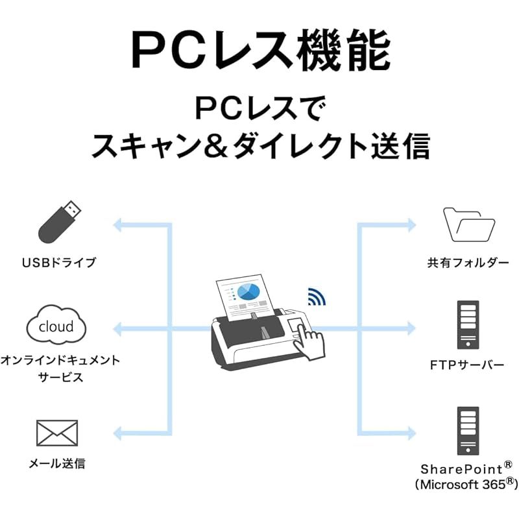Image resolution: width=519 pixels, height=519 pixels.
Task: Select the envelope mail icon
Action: tap(56, 433)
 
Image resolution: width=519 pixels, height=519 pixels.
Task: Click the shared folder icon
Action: tap(468, 224)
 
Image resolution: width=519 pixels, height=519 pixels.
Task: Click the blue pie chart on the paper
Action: tap(248, 292)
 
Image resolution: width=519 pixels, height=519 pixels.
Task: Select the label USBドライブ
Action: tap(58, 263)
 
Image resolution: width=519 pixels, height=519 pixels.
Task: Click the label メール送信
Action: tap(57, 464)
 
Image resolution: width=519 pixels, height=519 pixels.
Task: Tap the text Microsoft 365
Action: tap(461, 484)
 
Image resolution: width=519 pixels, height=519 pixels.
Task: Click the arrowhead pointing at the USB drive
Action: tap(117, 225)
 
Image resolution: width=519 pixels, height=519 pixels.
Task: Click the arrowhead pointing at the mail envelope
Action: tap(117, 433)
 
